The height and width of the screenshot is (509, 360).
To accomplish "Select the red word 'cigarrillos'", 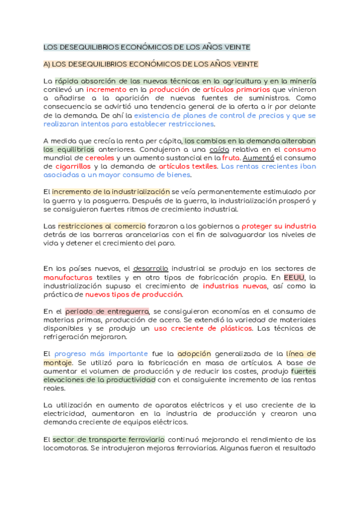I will [x=64, y=166].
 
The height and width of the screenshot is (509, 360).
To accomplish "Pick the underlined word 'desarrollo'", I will [x=151, y=268].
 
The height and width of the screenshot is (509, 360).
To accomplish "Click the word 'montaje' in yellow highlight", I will [x=58, y=363].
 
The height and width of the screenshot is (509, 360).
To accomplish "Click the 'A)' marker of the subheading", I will [x=50, y=64].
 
